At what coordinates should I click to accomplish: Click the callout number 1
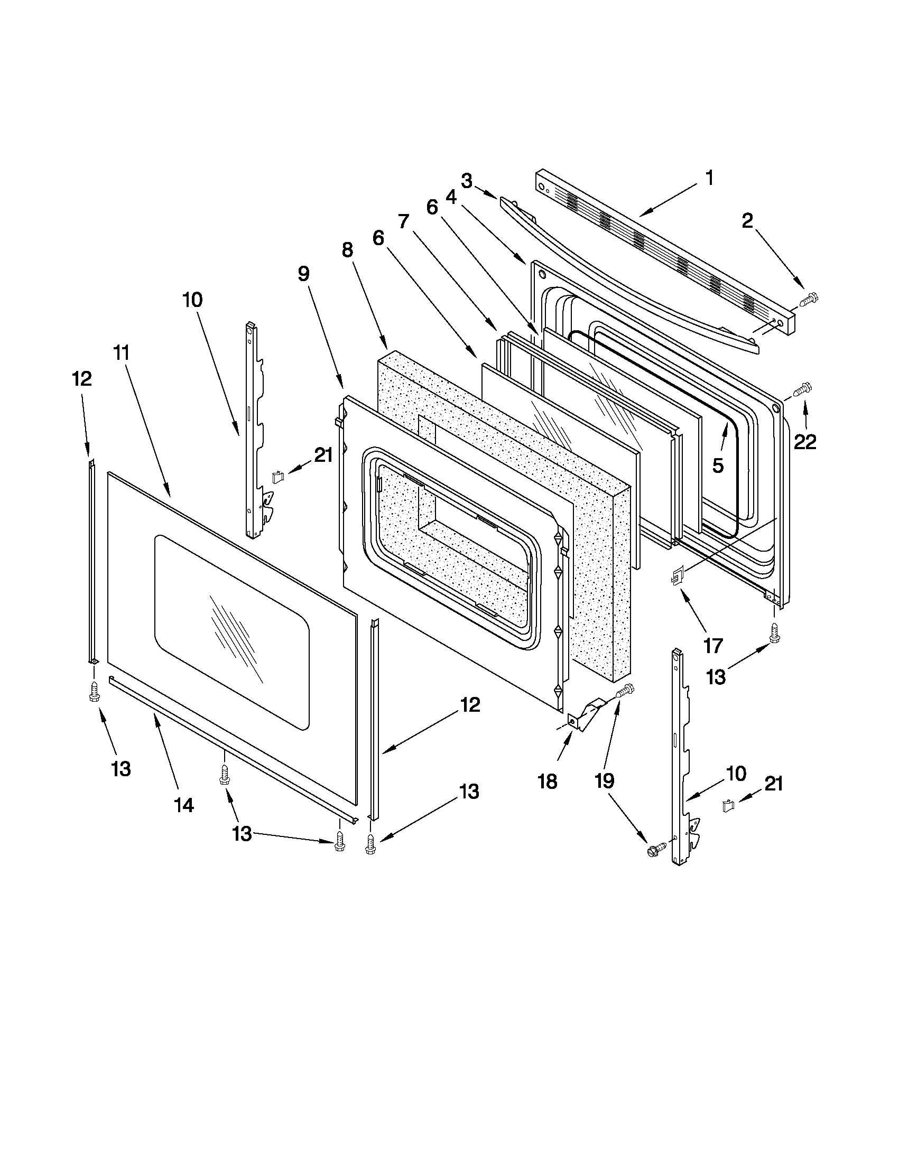(x=709, y=179)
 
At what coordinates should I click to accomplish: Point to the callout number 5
(x=718, y=466)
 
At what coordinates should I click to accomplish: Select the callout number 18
(x=547, y=781)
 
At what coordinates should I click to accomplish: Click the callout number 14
(x=184, y=805)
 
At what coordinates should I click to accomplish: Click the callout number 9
(x=303, y=274)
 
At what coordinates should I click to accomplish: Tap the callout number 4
(x=451, y=197)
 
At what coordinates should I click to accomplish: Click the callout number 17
(x=712, y=646)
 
